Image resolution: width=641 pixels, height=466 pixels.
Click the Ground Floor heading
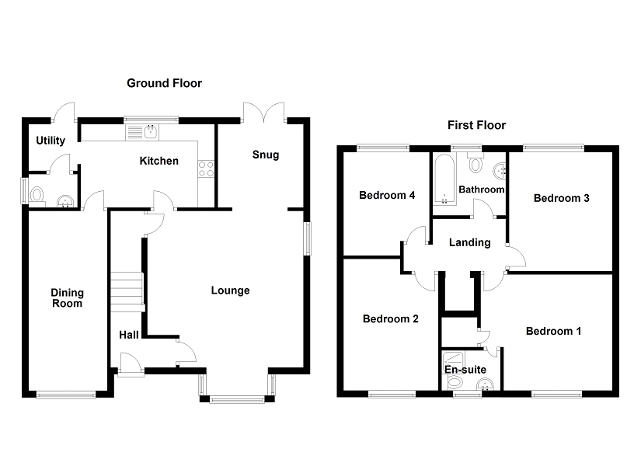tap(165, 83)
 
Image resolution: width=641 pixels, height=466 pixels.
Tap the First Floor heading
tap(476, 125)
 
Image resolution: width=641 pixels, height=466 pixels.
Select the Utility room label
tap(51, 141)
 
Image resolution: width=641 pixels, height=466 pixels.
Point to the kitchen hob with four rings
tap(206, 169)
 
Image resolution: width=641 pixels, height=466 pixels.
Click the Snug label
tap(266, 155)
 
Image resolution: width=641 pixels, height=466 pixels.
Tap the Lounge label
tap(230, 290)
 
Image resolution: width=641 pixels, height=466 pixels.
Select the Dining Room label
tap(67, 298)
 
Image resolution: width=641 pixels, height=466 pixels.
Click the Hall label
tap(129, 336)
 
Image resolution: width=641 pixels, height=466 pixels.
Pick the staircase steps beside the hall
tap(127, 292)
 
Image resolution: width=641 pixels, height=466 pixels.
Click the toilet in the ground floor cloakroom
tap(37, 195)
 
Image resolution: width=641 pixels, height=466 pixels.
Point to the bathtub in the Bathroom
tap(444, 179)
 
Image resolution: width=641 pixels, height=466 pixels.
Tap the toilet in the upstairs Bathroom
tap(475, 164)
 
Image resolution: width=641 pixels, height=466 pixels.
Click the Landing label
tap(470, 242)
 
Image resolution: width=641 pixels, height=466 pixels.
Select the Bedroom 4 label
tap(387, 196)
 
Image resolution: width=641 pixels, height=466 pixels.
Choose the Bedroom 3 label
tap(561, 198)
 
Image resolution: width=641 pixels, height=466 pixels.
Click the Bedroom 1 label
tap(553, 331)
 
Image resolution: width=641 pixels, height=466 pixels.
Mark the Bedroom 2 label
tap(390, 319)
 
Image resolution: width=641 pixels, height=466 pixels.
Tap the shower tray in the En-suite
tap(453, 361)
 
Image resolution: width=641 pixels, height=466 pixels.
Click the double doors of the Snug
tap(263, 112)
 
